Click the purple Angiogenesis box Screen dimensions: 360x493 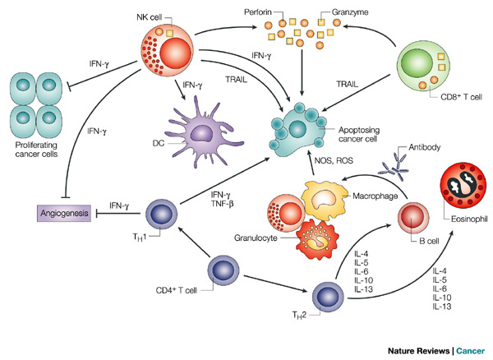[58, 213]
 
